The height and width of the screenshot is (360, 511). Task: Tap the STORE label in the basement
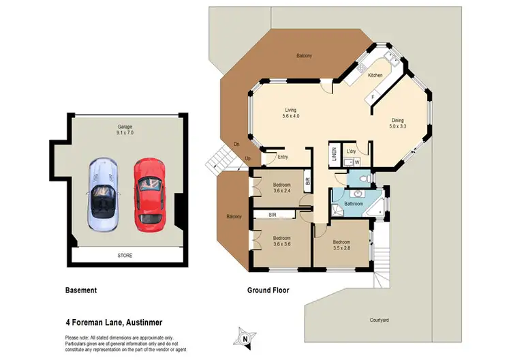[124, 256]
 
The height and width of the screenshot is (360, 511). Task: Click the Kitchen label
[375, 75]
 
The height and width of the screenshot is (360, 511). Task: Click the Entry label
[283, 157]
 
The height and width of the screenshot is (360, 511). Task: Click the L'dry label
[352, 151]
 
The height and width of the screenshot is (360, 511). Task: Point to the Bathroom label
[353, 204]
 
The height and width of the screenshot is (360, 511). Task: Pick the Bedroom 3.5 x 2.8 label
[341, 246]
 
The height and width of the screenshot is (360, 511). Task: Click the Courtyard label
[380, 319]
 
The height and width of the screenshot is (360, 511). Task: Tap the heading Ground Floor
[268, 290]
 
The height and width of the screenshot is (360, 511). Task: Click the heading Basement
[80, 290]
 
